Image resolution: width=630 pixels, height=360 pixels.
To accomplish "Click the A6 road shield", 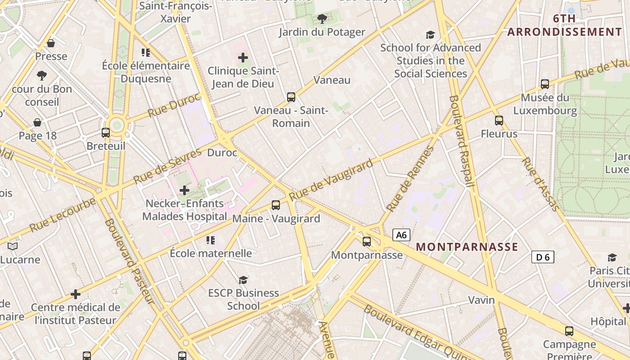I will pyautogui.click(x=401, y=234).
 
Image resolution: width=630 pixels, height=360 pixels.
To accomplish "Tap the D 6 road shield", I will pyautogui.click(x=543, y=257).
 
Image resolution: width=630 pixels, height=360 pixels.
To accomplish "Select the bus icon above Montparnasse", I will pyautogui.click(x=367, y=242).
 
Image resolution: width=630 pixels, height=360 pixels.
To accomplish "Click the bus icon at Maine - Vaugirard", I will pyautogui.click(x=276, y=205).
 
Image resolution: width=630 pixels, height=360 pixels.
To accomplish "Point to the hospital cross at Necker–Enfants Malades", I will pyautogui.click(x=184, y=190).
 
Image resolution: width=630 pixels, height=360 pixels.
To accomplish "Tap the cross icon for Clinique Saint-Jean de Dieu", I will pyautogui.click(x=243, y=58).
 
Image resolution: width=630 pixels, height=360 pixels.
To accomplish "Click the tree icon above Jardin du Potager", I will pyautogui.click(x=322, y=18).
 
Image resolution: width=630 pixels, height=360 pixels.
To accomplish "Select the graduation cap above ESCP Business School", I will pyautogui.click(x=243, y=280).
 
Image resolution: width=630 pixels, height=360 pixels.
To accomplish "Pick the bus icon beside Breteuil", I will pyautogui.click(x=106, y=133).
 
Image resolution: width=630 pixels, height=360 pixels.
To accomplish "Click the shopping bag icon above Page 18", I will pyautogui.click(x=37, y=122).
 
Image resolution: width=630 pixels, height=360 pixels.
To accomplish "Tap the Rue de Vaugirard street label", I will pyautogui.click(x=331, y=180).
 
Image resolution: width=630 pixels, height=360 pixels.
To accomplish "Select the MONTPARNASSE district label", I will pyautogui.click(x=467, y=247).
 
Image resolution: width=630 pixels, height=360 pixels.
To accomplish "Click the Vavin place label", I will pyautogui.click(x=481, y=300).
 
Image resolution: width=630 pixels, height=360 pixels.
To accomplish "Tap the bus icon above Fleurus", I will pyautogui.click(x=499, y=121).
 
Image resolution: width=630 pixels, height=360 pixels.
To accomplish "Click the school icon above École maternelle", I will pyautogui.click(x=210, y=240).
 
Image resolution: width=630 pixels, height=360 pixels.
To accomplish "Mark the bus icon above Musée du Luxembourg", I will pyautogui.click(x=545, y=84).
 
